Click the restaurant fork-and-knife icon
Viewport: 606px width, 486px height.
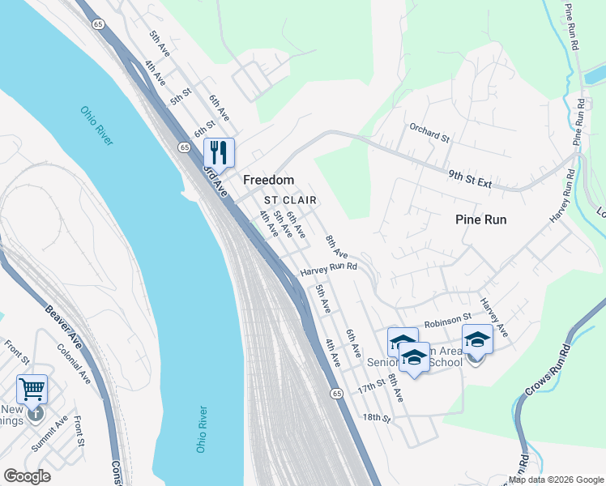point(218,151)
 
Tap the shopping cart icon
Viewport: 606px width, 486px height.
point(32,389)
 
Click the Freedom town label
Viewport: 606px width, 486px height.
point(268,179)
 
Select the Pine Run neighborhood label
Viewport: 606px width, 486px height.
point(481,220)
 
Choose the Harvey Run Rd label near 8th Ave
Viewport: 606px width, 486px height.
point(328,271)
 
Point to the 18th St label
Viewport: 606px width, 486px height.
point(377,418)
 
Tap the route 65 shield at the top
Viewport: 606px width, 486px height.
point(98,26)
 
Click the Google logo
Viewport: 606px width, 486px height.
point(27,476)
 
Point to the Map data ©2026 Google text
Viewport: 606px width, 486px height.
point(556,480)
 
